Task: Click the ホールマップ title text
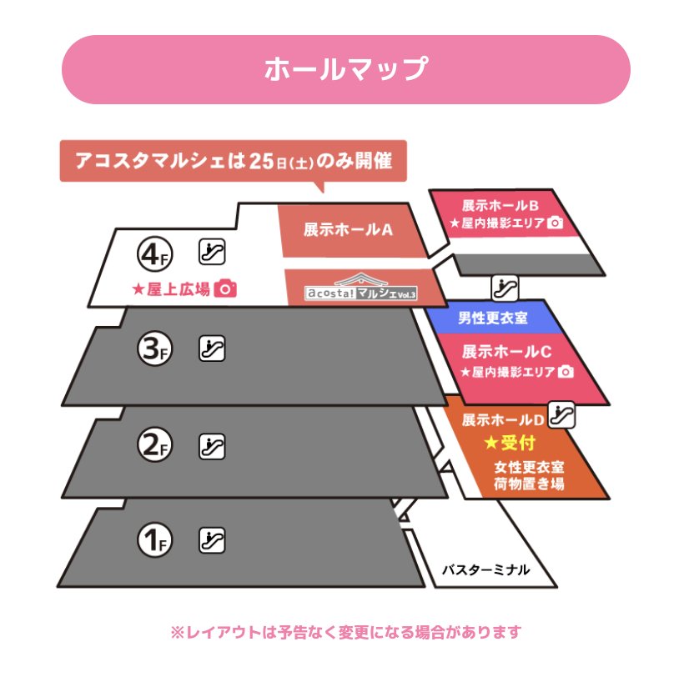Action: click(x=345, y=69)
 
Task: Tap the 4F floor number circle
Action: click(x=154, y=253)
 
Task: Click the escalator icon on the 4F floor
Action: click(x=212, y=251)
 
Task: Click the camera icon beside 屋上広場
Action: click(x=225, y=288)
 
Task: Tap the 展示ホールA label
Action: click(x=348, y=230)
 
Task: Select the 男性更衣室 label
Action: click(x=492, y=318)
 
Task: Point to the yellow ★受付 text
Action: click(x=508, y=442)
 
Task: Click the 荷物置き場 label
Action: click(x=529, y=483)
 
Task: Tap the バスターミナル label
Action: click(x=485, y=571)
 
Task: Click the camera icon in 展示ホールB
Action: click(x=556, y=223)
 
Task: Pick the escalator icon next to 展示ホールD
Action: click(x=563, y=414)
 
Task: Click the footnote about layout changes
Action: click(x=345, y=633)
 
